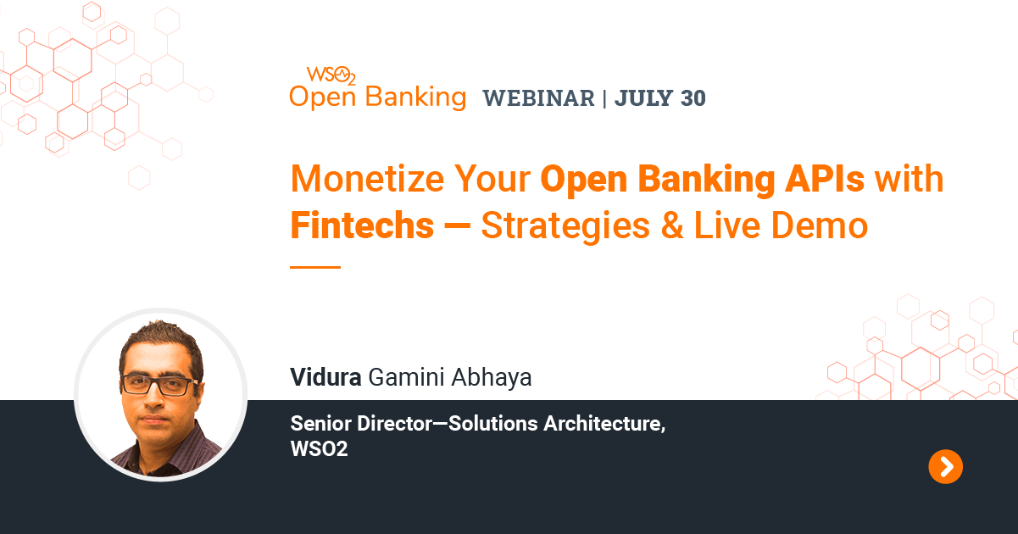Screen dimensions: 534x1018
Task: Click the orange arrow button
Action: (x=945, y=466)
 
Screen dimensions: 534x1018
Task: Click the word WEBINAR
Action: (x=538, y=98)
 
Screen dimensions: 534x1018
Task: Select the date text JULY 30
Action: (x=660, y=98)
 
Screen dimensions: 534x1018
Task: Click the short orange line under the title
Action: (x=314, y=267)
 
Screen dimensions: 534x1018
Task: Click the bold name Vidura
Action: (x=326, y=377)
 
